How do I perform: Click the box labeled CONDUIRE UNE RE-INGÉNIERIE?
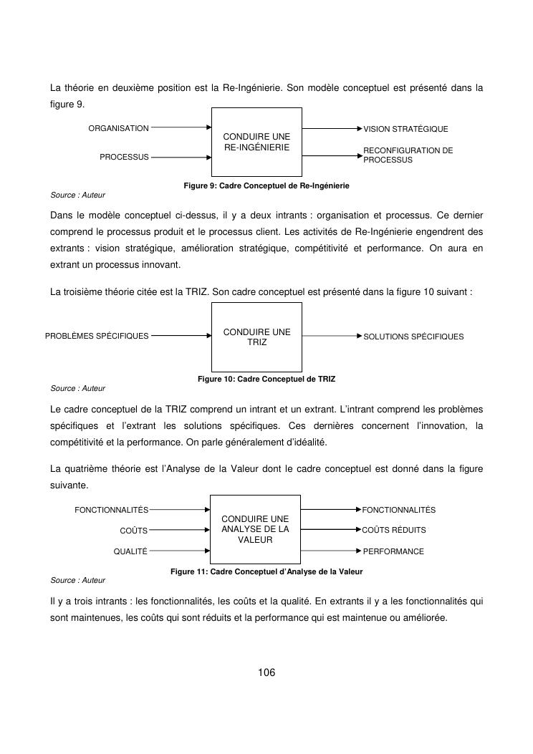pyautogui.click(x=256, y=142)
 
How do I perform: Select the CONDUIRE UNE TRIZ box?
pyautogui.click(x=256, y=337)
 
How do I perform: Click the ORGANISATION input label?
pyautogui.click(x=118, y=129)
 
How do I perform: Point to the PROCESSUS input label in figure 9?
pyautogui.click(x=124, y=157)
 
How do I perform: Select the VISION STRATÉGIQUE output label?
pyautogui.click(x=405, y=130)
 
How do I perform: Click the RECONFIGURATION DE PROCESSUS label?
pyautogui.click(x=408, y=155)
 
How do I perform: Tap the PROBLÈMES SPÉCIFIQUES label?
pyautogui.click(x=97, y=336)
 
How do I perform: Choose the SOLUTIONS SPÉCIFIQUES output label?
pyautogui.click(x=413, y=337)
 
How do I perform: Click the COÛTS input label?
pyautogui.click(x=133, y=531)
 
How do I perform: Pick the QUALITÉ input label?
pyautogui.click(x=130, y=551)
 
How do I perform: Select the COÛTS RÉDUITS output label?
pyautogui.click(x=394, y=531)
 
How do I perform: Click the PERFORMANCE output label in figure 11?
pyautogui.click(x=393, y=552)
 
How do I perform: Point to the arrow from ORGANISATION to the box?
pyautogui.click(x=181, y=128)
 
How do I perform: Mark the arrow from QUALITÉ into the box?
pyautogui.click(x=178, y=551)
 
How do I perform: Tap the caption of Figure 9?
pyautogui.click(x=266, y=185)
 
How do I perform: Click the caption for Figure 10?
pyautogui.click(x=266, y=379)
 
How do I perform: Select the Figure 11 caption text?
pyautogui.click(x=266, y=572)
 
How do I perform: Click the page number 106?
pyautogui.click(x=266, y=672)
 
